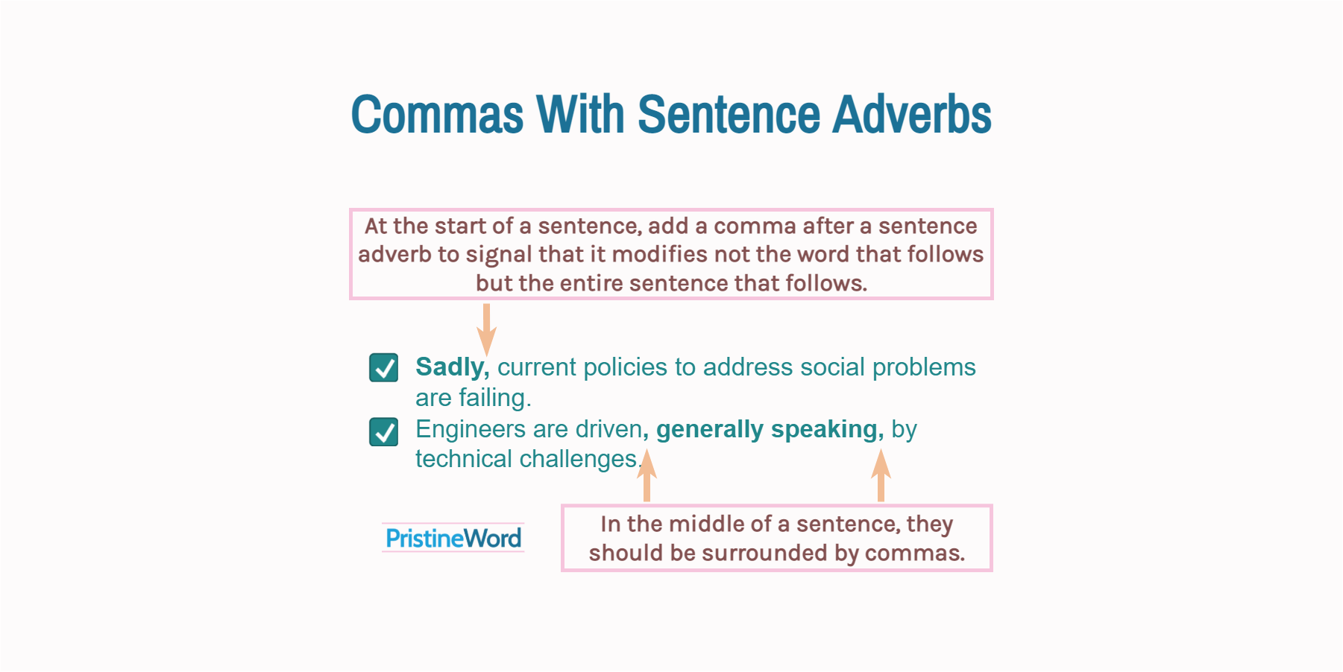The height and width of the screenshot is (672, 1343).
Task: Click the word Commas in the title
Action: (x=437, y=115)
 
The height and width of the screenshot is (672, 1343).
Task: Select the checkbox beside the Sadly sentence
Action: (x=384, y=367)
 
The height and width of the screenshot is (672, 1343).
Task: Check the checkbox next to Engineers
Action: (x=384, y=431)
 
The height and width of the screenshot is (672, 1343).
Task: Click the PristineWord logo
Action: (x=453, y=538)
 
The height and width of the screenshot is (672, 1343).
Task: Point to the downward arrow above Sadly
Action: (x=486, y=329)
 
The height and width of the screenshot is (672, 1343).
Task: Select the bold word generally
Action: (x=709, y=430)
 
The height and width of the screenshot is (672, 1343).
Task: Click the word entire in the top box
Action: (x=591, y=284)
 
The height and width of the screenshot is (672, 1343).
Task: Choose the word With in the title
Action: (x=580, y=115)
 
